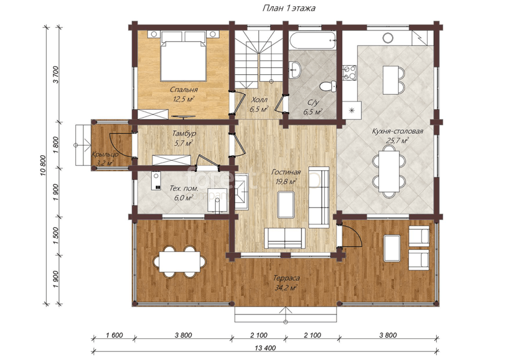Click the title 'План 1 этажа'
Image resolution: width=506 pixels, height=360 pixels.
click(289, 9)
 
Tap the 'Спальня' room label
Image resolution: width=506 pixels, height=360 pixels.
click(184, 90)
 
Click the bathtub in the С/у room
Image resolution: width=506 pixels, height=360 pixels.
click(312, 41)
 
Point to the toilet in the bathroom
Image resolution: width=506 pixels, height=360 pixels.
click(328, 87)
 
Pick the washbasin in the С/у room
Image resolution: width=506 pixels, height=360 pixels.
click(295, 69)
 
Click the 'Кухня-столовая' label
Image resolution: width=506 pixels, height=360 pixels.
click(398, 132)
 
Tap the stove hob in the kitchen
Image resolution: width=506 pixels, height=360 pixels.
click(349, 73)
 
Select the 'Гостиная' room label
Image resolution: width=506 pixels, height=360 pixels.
click(286, 172)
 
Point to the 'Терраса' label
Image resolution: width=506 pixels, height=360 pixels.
click(286, 278)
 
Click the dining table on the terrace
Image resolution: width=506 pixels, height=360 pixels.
click(180, 261)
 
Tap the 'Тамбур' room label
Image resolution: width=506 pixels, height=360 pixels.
click(184, 133)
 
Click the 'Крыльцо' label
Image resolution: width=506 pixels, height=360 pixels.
click(105, 154)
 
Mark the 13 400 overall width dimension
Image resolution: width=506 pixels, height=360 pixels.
click(265, 348)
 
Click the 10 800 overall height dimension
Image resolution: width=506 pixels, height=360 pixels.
click(44, 166)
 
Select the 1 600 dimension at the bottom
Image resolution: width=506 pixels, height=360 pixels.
click(114, 335)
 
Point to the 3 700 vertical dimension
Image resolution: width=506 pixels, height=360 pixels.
click(56, 74)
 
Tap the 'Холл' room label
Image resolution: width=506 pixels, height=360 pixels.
click(259, 99)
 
